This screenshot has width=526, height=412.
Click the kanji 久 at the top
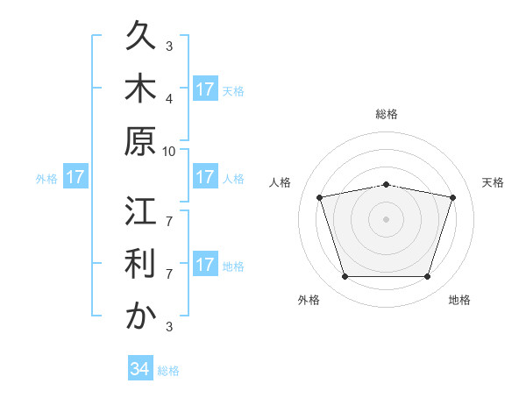tap(140, 35)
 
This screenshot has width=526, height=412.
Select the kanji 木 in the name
tap(140, 88)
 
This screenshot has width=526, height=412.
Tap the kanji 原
tap(140, 141)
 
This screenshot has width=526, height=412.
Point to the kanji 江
tap(140, 210)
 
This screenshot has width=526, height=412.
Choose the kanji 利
tap(140, 263)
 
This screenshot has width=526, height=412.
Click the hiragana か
tap(140, 315)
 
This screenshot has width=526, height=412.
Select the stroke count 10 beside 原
tap(168, 152)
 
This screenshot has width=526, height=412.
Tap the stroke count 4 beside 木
tap(169, 99)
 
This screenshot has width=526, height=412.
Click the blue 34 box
tap(140, 367)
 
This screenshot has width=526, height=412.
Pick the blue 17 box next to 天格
tap(205, 89)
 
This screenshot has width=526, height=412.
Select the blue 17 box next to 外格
tap(75, 176)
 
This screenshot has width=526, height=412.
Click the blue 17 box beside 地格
tap(205, 263)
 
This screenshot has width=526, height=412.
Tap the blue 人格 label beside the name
tap(233, 179)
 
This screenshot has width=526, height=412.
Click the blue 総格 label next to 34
tap(168, 371)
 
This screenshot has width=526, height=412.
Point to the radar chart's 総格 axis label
tap(387, 114)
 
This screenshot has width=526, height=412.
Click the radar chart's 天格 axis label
tap(493, 182)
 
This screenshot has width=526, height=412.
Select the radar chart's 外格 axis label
tap(309, 300)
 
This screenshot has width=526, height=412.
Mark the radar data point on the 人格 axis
tap(320, 197)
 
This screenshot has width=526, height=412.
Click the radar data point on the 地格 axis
tap(428, 277)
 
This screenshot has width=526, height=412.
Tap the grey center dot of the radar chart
tap(386, 219)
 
